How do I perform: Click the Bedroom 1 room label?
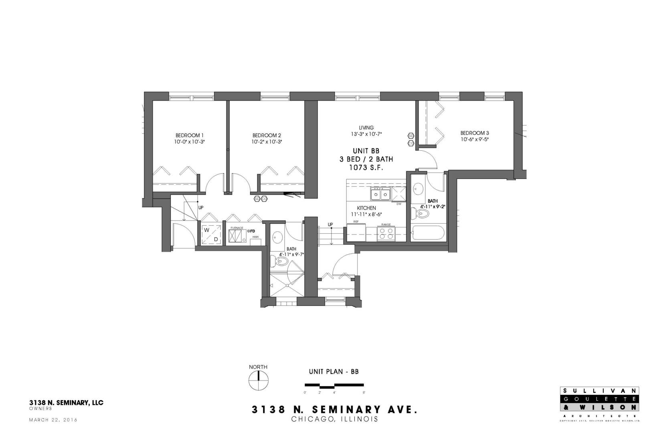coord(190,135)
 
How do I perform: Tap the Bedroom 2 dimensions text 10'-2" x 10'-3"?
coord(267,142)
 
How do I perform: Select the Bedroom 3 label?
coord(474,133)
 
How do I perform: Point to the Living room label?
coord(366,127)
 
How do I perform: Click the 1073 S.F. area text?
coord(366,168)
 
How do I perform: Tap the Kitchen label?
coord(366,208)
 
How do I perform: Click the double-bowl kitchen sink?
coord(380,194)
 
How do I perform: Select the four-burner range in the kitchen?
coord(386,233)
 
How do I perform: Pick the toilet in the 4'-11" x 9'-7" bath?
coord(281,261)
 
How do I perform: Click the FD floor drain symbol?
coord(251,231)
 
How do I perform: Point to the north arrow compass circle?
coord(259,380)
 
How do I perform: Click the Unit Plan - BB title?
coord(333,372)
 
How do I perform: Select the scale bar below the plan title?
coord(334,386)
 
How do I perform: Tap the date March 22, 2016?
coord(53,420)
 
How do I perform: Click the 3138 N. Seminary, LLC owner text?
coord(66,403)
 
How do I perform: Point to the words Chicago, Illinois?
coord(334,419)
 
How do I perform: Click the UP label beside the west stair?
coord(200,208)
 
